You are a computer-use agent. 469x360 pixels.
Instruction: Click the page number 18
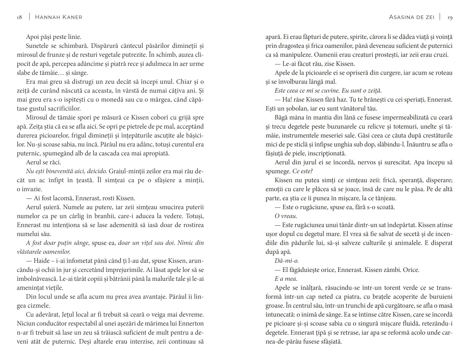coord(19,17)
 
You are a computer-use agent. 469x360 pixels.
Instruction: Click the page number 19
coord(450,17)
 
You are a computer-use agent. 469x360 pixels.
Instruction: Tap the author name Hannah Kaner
coord(59,17)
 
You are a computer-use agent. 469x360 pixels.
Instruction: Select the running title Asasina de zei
coord(412,17)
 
